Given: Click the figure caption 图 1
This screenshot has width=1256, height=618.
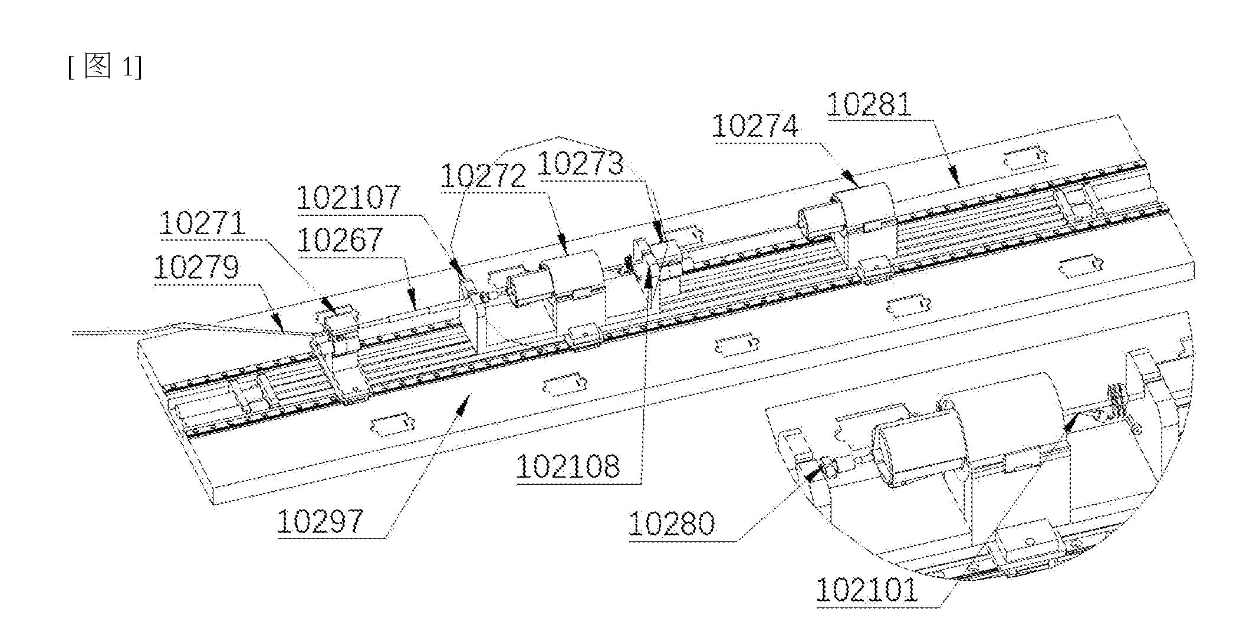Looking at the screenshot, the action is tap(105, 66).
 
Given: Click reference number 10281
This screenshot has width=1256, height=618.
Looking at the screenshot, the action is tap(870, 105).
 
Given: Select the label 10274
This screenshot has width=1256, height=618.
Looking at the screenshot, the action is tap(755, 126).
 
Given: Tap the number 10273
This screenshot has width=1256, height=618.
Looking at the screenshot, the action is tap(581, 163).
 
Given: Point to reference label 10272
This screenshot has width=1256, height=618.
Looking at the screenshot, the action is tap(483, 175).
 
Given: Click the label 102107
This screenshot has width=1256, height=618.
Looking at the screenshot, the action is tap(348, 198).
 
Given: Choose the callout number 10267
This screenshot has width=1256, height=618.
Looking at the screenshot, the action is tap(340, 240).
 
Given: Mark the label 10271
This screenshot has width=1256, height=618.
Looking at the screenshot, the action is tap(202, 223).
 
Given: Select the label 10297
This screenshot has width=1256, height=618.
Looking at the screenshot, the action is tap(320, 522).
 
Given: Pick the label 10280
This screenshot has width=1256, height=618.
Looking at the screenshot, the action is tap(672, 524).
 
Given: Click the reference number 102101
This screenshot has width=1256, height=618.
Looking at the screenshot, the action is tap(867, 590).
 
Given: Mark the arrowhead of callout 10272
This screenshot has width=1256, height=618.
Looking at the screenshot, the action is tap(563, 244).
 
